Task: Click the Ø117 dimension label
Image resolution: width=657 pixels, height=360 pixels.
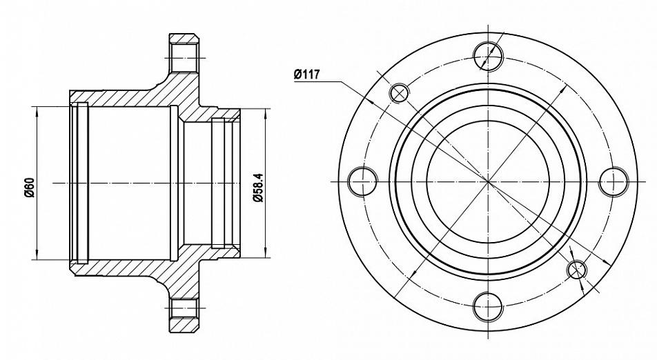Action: pos(306,74)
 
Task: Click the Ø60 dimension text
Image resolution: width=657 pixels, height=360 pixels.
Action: pos(28,188)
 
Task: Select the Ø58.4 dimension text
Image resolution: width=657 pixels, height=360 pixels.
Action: pos(259,188)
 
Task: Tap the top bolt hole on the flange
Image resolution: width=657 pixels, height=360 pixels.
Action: pos(488,56)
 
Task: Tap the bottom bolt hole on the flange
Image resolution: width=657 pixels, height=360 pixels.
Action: pos(488,307)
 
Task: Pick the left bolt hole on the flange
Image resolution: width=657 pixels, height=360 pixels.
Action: pos(363,181)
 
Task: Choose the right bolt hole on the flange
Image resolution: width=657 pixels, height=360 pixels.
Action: pos(614,181)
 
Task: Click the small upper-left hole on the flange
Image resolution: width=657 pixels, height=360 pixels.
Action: pos(400,92)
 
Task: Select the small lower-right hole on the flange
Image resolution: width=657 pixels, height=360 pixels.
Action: pos(577,269)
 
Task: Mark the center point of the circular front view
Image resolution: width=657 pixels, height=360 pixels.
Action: pos(488,181)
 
